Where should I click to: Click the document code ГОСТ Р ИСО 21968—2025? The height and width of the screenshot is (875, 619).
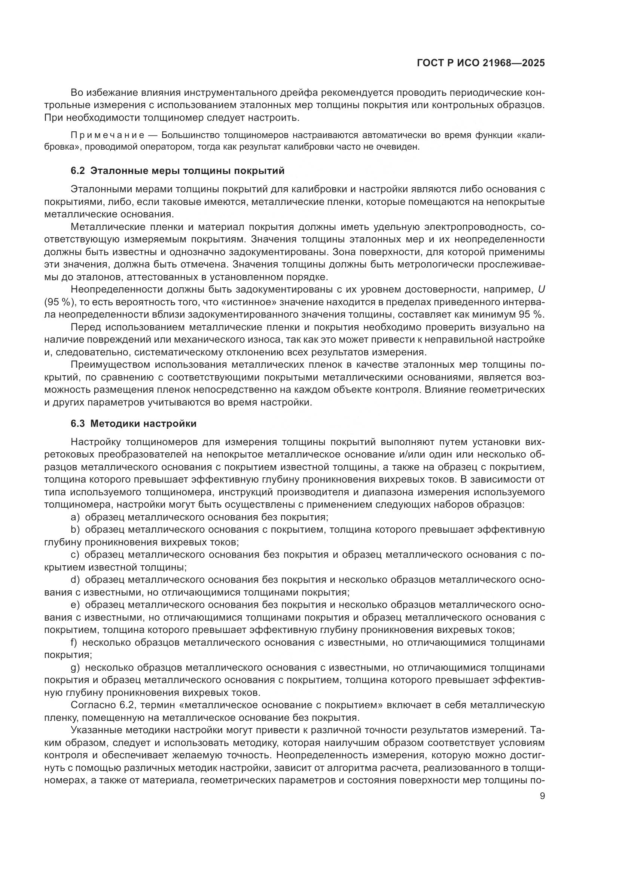pyautogui.click(x=481, y=63)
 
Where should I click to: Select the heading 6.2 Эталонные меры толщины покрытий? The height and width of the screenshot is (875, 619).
pyautogui.click(x=178, y=170)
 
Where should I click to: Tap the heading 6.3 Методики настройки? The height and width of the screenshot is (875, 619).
pyautogui.click(x=134, y=423)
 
